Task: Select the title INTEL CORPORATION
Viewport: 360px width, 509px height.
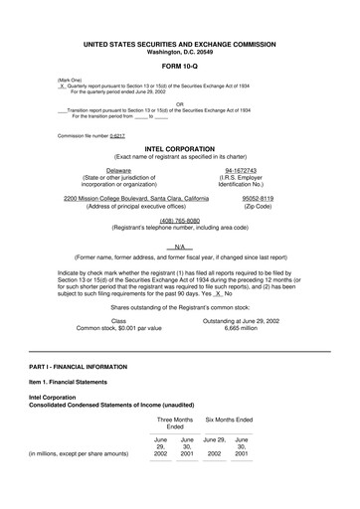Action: click(180, 147)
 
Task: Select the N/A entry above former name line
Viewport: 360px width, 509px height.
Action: click(180, 247)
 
